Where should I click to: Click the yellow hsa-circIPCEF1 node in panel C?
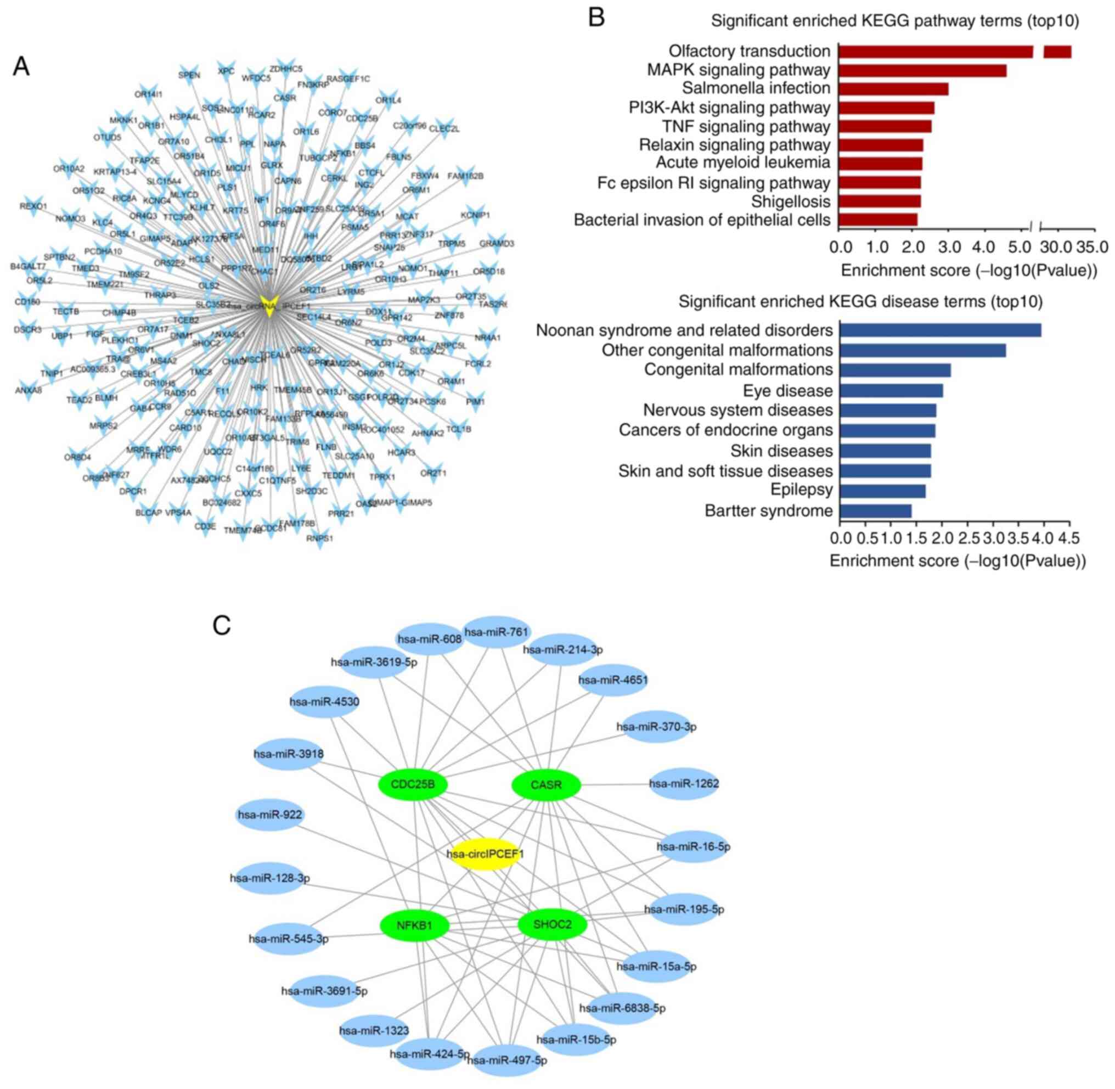tap(485, 854)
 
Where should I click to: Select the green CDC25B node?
tap(412, 784)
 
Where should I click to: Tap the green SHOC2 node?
tap(553, 924)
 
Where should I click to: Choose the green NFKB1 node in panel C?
tap(414, 924)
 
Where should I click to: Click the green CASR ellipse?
tap(546, 785)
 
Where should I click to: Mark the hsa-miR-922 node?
tap(270, 814)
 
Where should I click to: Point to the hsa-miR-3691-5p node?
tap(324, 991)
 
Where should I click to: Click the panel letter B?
tap(596, 18)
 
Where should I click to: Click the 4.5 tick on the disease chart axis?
tap(1069, 537)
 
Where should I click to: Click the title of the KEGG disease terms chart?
tap(860, 301)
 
